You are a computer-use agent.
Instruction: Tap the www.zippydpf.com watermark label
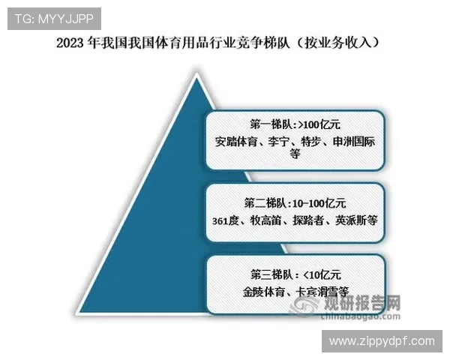pyautogui.click(x=381, y=341)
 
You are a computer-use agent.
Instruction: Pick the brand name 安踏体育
pyautogui.click(x=234, y=140)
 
